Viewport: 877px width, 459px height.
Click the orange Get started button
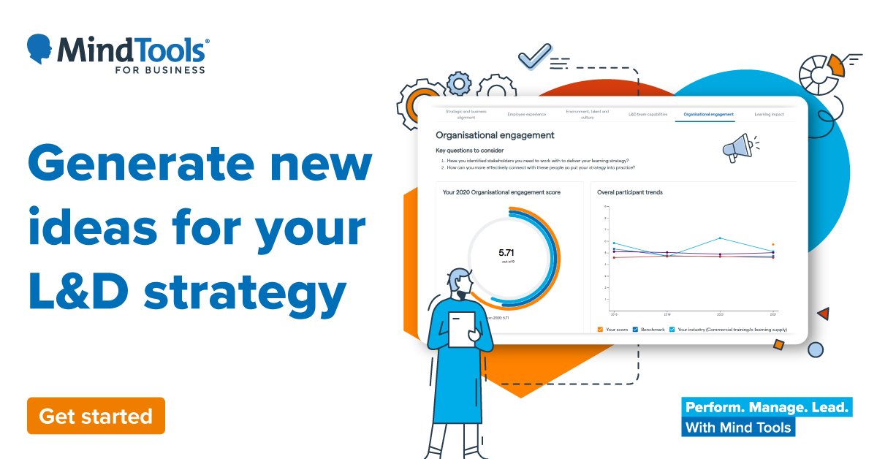[x=96, y=416]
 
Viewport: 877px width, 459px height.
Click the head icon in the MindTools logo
[x=40, y=49]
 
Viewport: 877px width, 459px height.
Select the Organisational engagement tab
[x=708, y=114]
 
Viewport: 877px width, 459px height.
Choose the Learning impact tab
[x=769, y=114]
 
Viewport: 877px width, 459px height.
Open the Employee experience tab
[x=526, y=114]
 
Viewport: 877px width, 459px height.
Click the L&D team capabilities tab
[x=648, y=114]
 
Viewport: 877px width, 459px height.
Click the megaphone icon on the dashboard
[x=737, y=147]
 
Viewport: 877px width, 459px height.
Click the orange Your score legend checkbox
[x=600, y=330]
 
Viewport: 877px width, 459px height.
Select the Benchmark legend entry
[x=649, y=330]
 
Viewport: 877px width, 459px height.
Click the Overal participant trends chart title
[x=630, y=192]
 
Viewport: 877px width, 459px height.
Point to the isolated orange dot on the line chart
[x=772, y=245]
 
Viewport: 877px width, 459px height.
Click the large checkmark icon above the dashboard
[x=534, y=55]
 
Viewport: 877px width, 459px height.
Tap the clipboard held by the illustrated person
[x=462, y=329]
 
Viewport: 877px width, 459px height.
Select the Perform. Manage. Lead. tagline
[x=766, y=407]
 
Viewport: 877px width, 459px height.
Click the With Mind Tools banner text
[x=738, y=427]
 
